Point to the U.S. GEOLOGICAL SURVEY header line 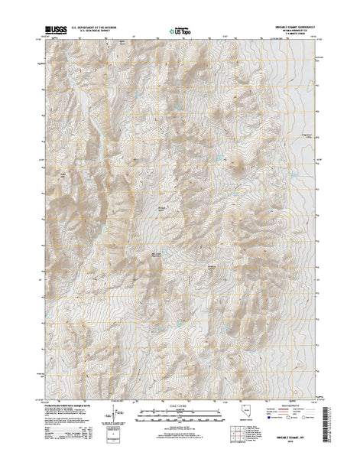click(x=104, y=31)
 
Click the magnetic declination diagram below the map click(x=115, y=413)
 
